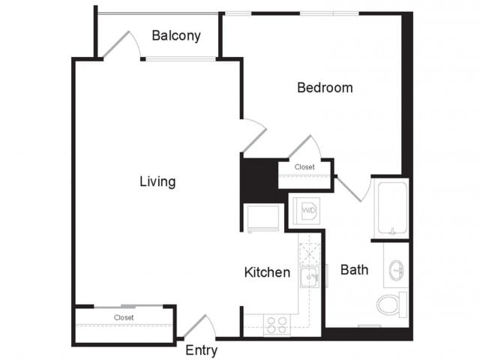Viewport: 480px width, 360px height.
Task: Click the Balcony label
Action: point(176,36)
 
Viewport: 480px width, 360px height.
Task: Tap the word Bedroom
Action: point(325,88)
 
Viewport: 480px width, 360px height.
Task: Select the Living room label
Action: point(157,181)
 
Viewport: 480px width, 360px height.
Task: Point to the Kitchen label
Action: point(267,272)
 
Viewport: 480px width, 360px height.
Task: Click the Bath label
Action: point(354,270)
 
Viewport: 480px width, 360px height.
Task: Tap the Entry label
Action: point(202,350)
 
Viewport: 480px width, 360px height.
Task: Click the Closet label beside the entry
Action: point(124,318)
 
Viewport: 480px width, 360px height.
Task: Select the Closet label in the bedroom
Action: point(304,167)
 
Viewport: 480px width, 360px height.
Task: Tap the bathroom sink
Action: point(397,270)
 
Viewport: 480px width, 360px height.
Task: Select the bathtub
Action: point(392,208)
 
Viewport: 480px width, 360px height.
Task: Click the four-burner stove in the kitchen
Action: point(277,325)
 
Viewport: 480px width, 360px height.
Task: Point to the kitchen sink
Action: point(310,277)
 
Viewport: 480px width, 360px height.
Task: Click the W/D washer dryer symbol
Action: point(307,210)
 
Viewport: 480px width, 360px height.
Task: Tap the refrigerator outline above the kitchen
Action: point(263,218)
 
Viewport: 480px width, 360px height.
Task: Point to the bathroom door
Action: point(349,189)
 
